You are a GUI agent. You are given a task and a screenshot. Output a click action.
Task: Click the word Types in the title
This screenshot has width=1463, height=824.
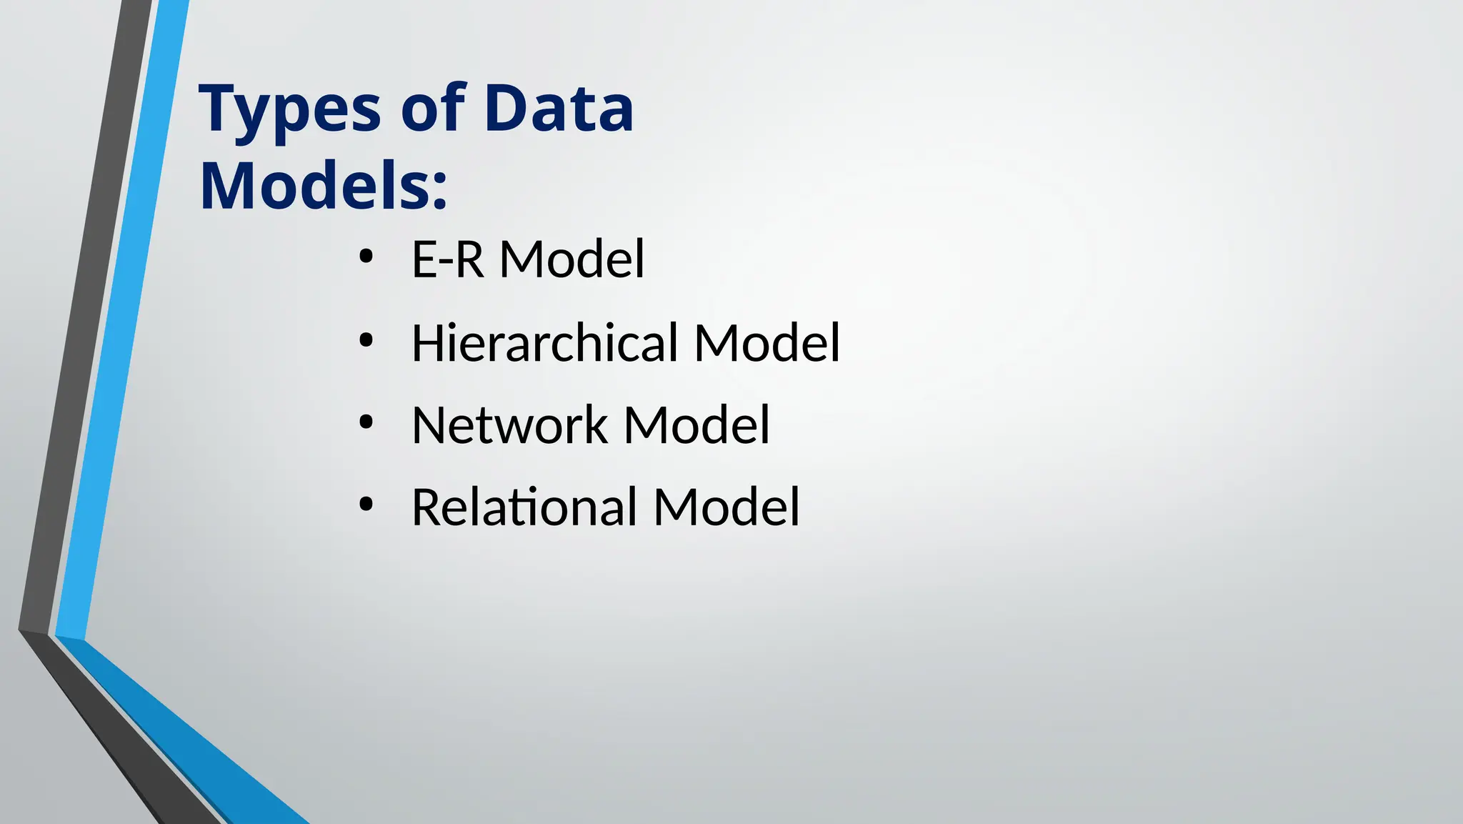pos(289,111)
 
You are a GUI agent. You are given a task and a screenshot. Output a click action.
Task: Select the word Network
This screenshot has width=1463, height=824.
pos(509,425)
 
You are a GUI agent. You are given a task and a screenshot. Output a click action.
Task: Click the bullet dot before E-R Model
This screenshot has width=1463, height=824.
pos(366,258)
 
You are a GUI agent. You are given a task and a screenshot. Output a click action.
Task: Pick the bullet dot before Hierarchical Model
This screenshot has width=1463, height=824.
pos(366,341)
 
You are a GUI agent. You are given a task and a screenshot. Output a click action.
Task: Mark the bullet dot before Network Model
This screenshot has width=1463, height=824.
pos(366,423)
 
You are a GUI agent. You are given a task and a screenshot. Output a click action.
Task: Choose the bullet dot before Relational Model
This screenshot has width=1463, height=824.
pos(366,505)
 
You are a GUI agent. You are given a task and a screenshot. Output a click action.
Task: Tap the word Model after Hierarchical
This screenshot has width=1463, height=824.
pos(767,343)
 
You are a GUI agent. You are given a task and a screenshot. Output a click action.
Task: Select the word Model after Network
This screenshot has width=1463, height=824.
pos(696,425)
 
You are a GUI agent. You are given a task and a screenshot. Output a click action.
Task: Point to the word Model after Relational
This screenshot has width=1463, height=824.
pos(726,507)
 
